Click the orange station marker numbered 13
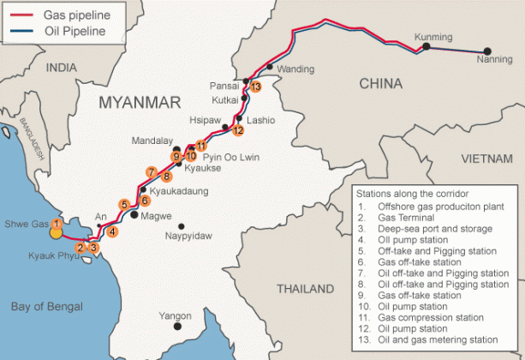pos(255,87)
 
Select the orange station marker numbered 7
pos(151,171)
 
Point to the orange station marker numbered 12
pos(238,131)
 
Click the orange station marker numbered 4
pos(113,231)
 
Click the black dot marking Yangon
pos(178,327)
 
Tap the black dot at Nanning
pos(487,51)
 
